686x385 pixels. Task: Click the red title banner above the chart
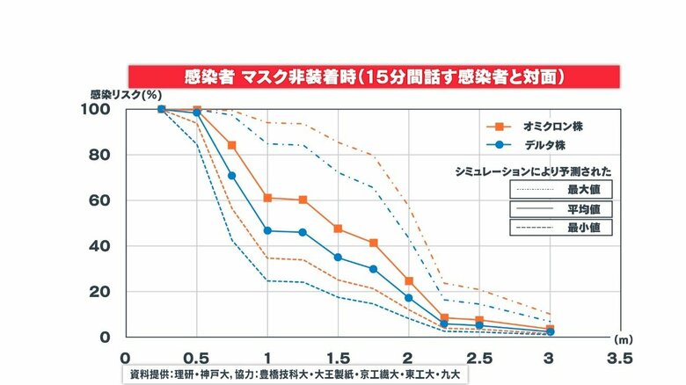click(375, 76)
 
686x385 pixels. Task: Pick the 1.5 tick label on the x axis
click(337, 359)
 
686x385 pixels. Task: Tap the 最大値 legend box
click(560, 188)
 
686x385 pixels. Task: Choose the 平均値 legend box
click(560, 208)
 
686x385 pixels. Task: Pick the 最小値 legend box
click(560, 228)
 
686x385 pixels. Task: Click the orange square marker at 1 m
click(266, 198)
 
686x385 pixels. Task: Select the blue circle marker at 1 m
click(266, 231)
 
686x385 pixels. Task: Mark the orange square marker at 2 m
click(409, 281)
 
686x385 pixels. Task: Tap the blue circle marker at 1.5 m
click(338, 258)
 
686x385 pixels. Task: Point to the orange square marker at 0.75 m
click(231, 145)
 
